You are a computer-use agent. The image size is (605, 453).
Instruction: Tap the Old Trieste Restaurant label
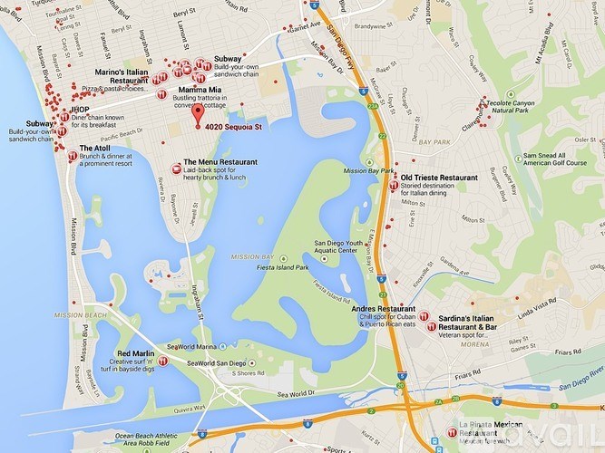pos(438,177)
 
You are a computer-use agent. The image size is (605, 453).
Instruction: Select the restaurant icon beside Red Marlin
pos(171,352)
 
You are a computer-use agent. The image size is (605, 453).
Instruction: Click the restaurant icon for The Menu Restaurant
pos(176,168)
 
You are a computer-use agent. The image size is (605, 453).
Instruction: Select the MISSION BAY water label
pos(252,257)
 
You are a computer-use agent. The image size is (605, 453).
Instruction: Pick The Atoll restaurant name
pos(95,148)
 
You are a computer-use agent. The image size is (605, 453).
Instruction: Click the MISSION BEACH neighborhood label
pos(81,314)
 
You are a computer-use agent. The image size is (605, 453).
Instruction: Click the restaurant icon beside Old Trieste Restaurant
pos(393,185)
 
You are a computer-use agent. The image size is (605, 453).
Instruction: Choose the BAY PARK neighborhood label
pos(434,142)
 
